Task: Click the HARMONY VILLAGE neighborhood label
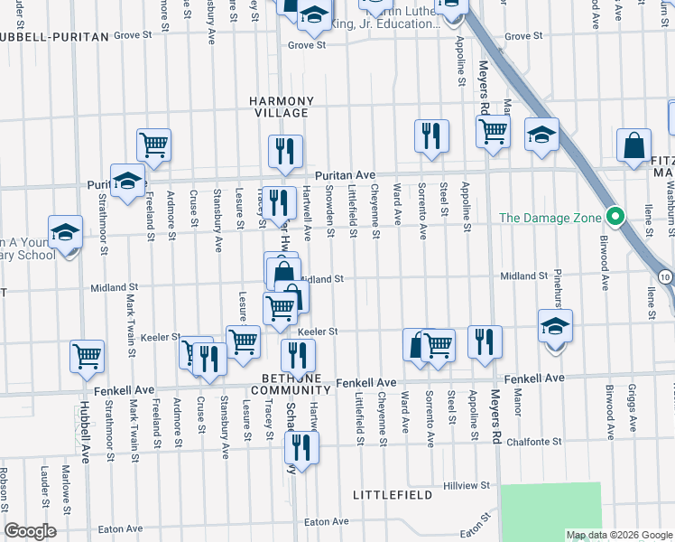pos(283,107)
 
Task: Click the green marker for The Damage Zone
pos(615,217)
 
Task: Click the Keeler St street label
pos(318,332)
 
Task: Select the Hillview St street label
pos(467,485)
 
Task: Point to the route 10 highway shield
pos(666,275)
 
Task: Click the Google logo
pos(30,531)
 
